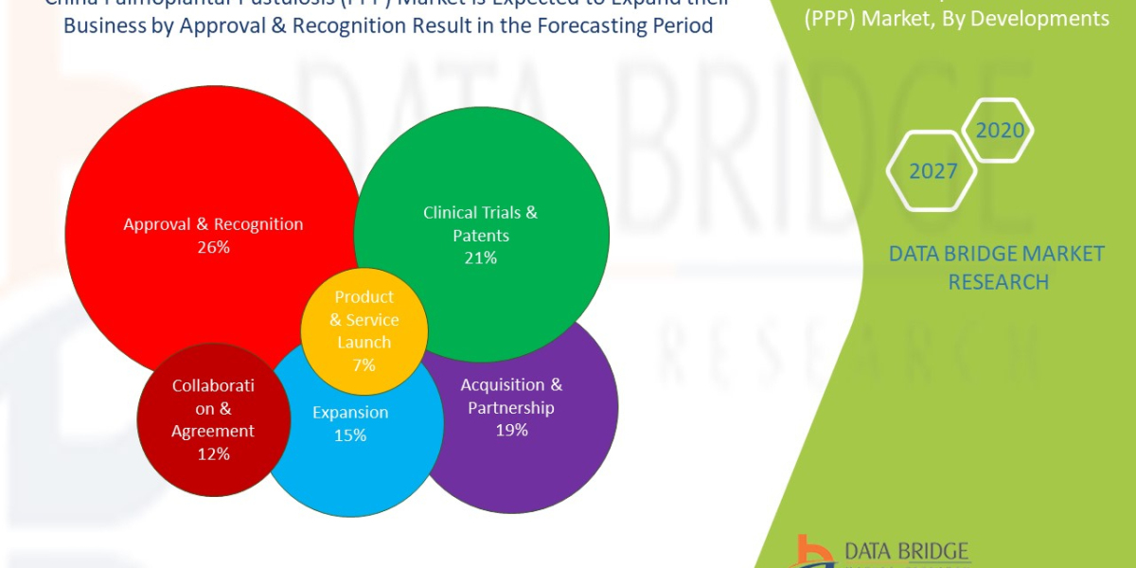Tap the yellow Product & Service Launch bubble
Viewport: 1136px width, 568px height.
364,330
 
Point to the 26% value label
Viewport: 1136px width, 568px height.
213,247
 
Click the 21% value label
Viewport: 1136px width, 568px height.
480,257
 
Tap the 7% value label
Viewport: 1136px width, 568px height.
364,364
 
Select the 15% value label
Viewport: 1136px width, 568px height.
349,435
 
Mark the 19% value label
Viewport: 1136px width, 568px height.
511,430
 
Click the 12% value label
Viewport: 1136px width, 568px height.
213,453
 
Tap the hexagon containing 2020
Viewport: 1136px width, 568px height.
999,131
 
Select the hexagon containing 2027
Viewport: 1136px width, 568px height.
932,171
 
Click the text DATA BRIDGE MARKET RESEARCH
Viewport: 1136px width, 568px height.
997,267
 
